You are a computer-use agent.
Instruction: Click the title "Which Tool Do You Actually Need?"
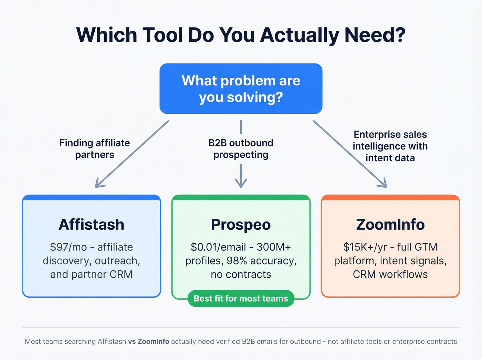241,35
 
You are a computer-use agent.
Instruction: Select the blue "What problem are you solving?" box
241,89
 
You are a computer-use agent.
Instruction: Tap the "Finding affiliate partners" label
95,148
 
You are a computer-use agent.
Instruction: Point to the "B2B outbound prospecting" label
241,148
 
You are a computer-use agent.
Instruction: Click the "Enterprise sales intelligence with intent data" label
390,146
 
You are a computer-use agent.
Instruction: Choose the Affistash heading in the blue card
91,225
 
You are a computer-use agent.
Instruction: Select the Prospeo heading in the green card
241,225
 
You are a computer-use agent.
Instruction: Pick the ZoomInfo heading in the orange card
390,225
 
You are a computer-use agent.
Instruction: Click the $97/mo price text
68,247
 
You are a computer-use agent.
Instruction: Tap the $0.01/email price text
218,247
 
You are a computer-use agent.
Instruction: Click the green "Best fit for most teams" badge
241,298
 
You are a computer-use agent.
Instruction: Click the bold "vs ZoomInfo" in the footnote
149,341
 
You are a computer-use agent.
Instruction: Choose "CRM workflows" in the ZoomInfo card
390,274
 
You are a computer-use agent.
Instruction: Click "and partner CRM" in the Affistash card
91,274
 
